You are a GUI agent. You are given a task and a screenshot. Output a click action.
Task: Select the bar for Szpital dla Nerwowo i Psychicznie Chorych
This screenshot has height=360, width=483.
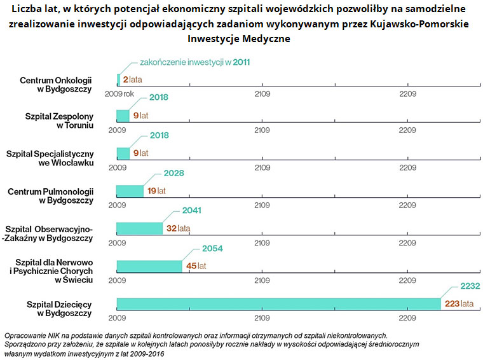click(x=149, y=266)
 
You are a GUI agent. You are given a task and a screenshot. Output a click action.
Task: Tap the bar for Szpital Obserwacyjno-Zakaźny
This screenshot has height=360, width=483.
click(x=139, y=228)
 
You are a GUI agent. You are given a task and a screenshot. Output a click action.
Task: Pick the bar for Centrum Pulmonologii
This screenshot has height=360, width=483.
click(x=130, y=191)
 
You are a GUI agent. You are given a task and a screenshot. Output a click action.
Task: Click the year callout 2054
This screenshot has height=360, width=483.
click(x=212, y=248)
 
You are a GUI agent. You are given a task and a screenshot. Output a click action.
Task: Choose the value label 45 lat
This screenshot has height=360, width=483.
click(x=196, y=266)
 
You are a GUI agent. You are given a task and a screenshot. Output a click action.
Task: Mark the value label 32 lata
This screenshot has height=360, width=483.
click(x=178, y=228)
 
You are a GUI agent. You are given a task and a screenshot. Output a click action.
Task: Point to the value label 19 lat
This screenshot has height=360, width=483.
click(x=156, y=191)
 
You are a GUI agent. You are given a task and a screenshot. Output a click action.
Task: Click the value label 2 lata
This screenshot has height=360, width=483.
click(x=132, y=79)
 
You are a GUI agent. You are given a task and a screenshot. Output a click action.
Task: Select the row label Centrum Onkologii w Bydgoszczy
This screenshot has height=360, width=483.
click(x=56, y=85)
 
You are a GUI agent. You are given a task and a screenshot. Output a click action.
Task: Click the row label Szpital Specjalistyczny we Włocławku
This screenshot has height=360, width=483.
click(x=50, y=158)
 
